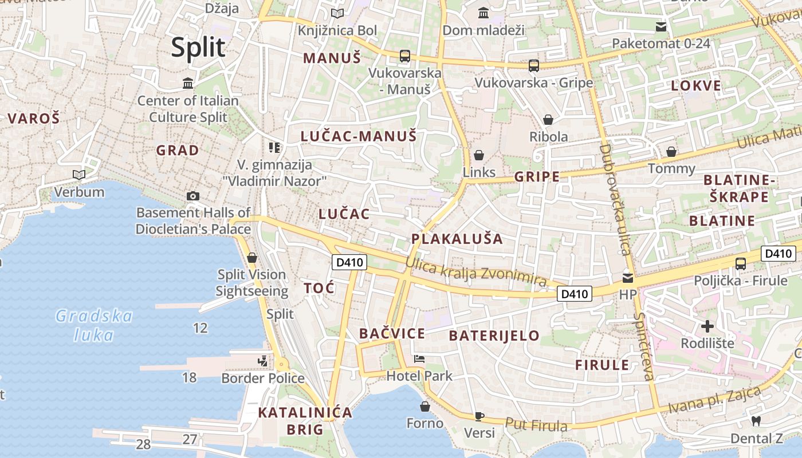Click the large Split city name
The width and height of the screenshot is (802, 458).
click(198, 48)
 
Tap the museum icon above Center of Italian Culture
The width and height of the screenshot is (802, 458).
click(188, 84)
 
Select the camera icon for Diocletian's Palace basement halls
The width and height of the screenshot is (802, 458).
click(193, 196)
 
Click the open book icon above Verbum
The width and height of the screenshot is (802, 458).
click(79, 175)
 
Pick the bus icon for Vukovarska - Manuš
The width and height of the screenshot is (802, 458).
click(405, 56)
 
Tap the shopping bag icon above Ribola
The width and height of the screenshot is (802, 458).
click(548, 120)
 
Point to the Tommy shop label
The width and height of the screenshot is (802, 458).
click(671, 169)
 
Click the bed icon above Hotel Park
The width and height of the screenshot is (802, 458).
click(419, 360)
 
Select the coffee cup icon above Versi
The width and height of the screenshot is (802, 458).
click(479, 416)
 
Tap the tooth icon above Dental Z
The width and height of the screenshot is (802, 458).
click(756, 421)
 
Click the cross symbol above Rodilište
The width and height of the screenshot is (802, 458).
click(708, 326)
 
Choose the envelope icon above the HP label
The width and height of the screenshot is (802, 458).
click(628, 278)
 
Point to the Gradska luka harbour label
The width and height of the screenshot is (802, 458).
click(95, 325)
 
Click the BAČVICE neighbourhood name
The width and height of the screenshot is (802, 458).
click(392, 334)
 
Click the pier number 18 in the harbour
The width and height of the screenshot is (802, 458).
click(189, 377)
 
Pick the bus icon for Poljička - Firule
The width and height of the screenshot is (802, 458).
click(741, 264)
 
